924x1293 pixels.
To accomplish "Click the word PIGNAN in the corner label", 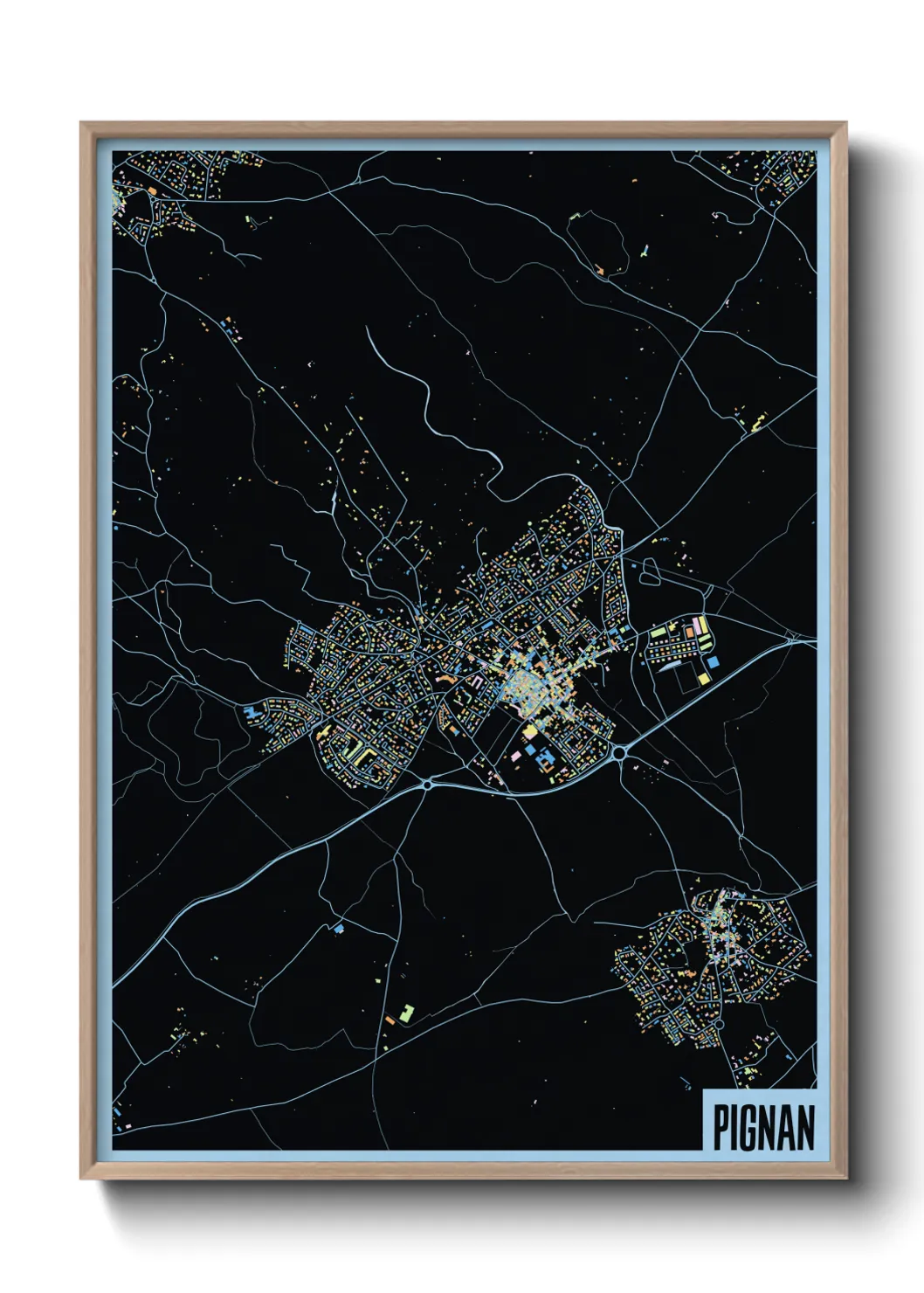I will (x=763, y=1128).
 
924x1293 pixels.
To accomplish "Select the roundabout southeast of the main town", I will (x=619, y=751).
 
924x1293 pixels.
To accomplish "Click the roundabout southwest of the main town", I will (x=427, y=785).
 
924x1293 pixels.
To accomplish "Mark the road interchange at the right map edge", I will (x=792, y=640).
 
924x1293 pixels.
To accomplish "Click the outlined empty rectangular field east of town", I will (x=686, y=680).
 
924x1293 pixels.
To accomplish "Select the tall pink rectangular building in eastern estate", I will (x=696, y=626).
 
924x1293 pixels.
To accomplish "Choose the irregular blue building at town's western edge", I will (x=254, y=712).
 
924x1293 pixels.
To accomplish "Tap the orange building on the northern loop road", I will (x=600, y=270).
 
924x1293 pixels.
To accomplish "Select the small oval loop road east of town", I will (x=651, y=573).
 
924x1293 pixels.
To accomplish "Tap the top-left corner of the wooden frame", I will (x=82, y=124).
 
